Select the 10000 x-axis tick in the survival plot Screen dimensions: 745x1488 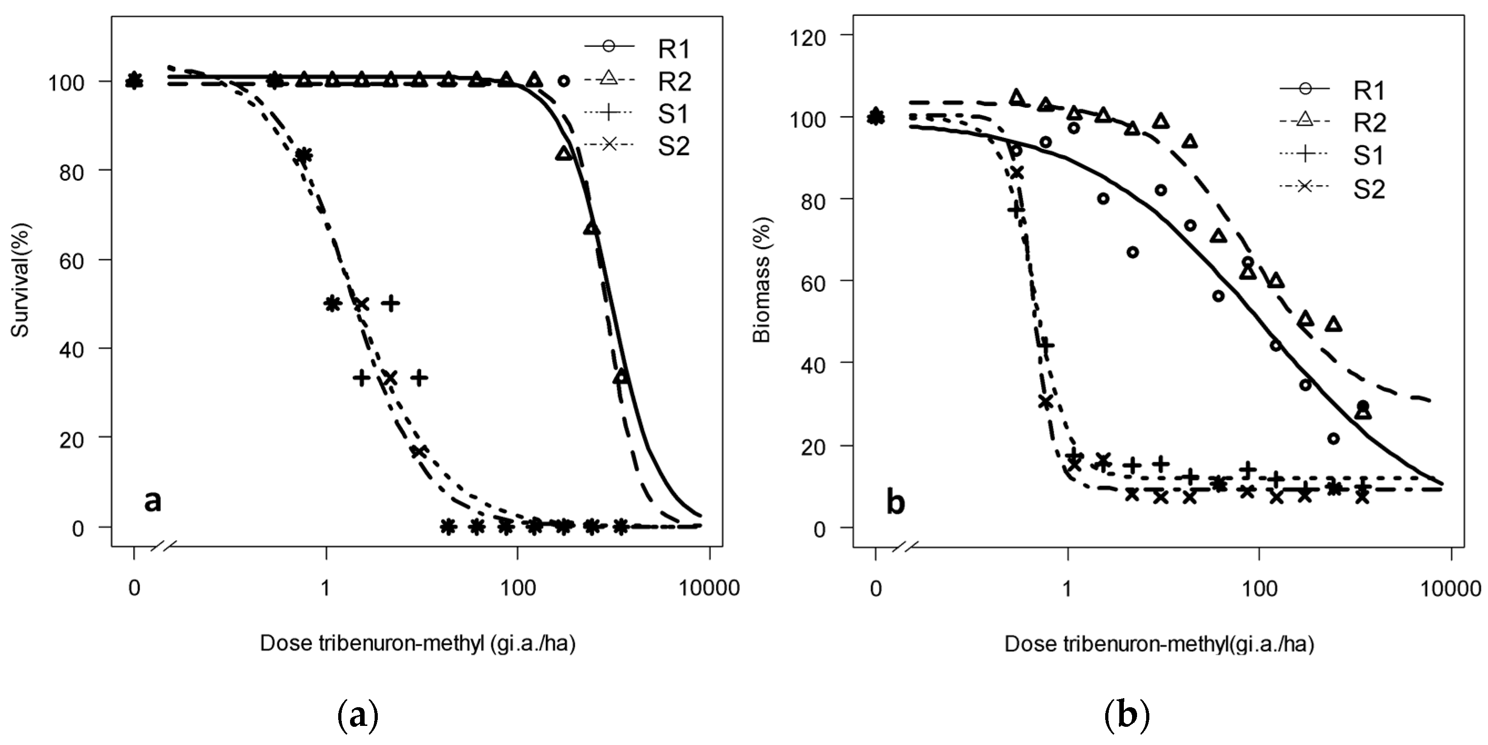[x=709, y=588]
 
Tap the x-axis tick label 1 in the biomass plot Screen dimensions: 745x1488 [x=1067, y=588]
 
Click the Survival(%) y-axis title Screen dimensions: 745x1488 [x=21, y=281]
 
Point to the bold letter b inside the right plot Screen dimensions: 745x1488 [x=895, y=502]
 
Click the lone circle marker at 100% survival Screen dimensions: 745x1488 [x=564, y=81]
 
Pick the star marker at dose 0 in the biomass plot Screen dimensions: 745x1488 [x=876, y=116]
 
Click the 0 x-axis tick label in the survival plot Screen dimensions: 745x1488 [x=134, y=588]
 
